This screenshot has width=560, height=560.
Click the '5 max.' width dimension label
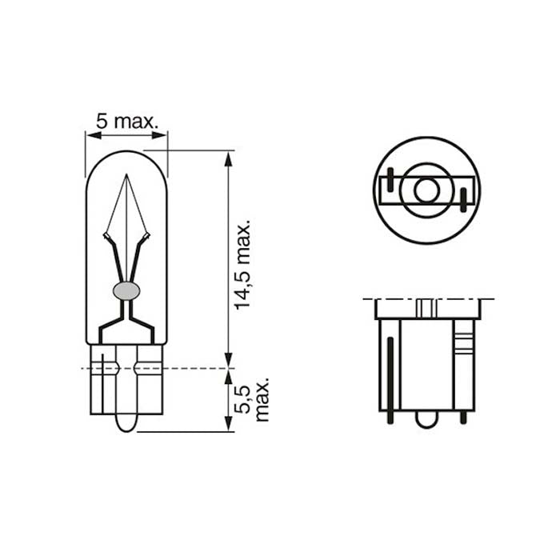coord(126,122)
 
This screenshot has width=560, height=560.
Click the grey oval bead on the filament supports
coord(126,290)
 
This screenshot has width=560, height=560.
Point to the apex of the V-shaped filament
coord(126,178)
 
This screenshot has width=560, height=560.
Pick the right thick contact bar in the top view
coord(464,200)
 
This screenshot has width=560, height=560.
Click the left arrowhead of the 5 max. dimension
coord(90,135)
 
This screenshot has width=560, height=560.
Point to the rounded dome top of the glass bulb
coord(126,152)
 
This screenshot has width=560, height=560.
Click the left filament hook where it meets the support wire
coord(107,237)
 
